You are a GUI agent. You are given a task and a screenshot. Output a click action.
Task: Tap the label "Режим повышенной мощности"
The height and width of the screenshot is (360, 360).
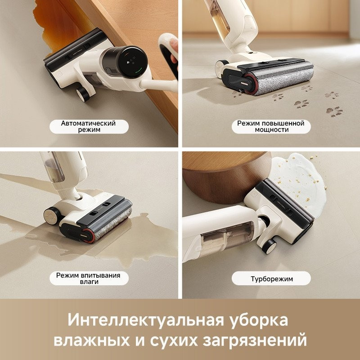(270, 126)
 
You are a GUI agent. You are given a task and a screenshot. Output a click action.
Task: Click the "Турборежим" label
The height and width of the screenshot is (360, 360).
(271, 279)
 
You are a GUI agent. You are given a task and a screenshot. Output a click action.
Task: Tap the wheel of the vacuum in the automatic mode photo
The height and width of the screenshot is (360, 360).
(82, 94)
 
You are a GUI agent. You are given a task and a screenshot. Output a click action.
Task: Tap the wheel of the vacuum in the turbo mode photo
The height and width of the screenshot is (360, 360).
(270, 246)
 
